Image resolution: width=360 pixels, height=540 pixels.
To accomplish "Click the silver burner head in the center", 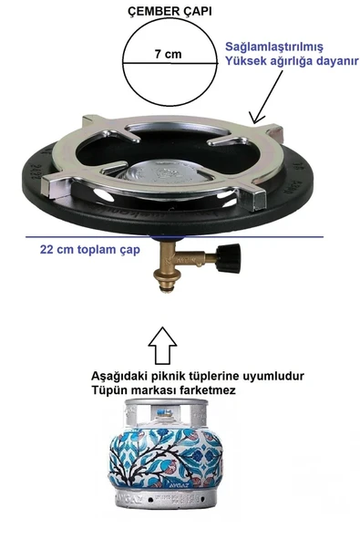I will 166,171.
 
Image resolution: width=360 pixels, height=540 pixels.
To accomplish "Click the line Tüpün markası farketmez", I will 163,390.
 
